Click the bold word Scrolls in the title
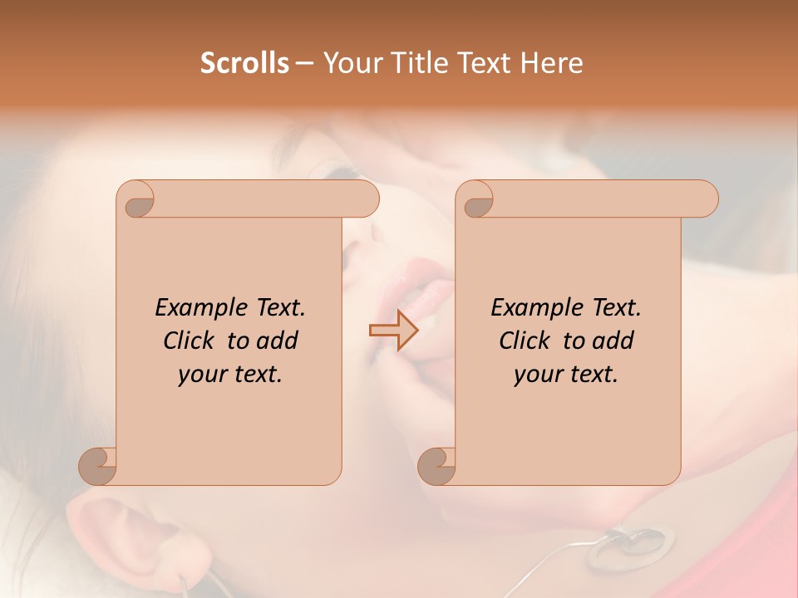click(245, 63)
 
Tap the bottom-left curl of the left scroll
click(98, 465)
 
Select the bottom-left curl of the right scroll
click(437, 465)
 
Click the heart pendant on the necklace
click(634, 542)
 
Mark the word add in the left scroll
click(277, 341)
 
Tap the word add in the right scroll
click(613, 341)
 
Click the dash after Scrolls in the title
click(304, 63)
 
